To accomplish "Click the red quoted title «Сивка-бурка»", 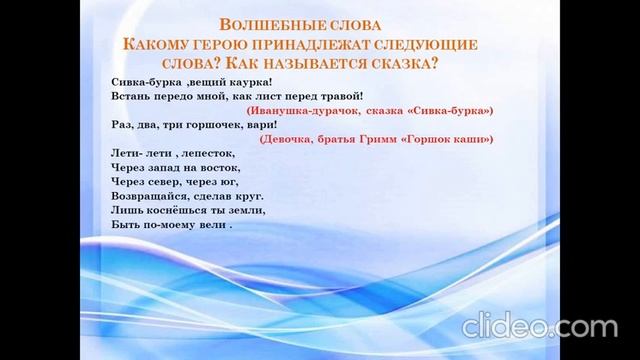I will (x=450, y=111).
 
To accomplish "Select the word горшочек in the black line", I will (x=191, y=126).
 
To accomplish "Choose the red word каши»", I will (x=472, y=141).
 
